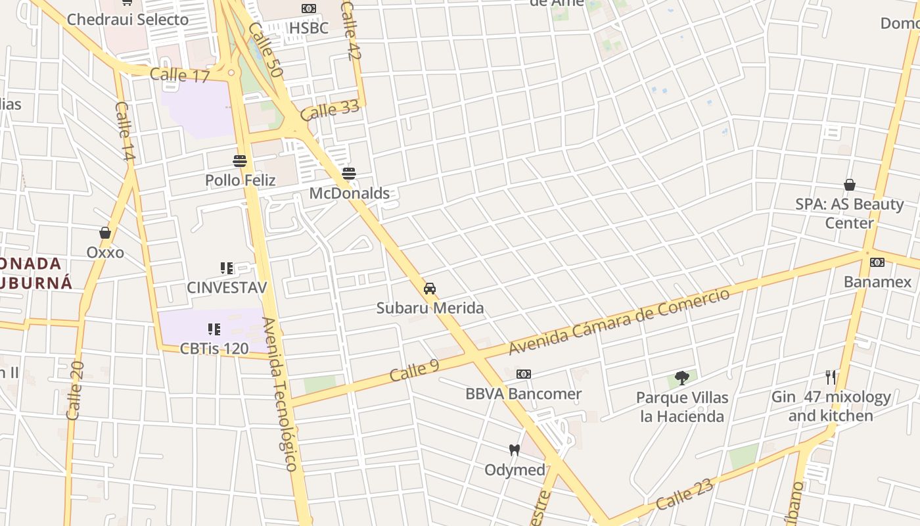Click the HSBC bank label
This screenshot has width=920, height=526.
coord(308,28)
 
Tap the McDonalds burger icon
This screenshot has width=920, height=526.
coord(349,174)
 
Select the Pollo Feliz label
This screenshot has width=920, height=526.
coord(240,180)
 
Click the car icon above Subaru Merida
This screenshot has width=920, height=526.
coord(430,289)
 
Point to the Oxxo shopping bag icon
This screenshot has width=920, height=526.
coord(105,233)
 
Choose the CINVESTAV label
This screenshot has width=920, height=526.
coord(227,287)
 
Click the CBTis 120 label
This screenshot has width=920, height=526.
coord(214,348)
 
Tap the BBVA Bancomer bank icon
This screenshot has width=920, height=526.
coord(523,374)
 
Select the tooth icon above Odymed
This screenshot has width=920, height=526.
coord(515,450)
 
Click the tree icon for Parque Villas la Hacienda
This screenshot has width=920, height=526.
coord(682,378)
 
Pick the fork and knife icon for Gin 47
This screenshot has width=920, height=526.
coord(831,377)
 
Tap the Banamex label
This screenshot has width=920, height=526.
coord(878,282)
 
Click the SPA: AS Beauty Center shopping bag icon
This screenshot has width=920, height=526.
coord(850,185)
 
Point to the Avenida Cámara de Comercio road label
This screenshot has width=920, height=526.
coord(619,322)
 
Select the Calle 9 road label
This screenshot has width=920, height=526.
coord(414,370)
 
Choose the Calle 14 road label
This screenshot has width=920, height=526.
coord(125,132)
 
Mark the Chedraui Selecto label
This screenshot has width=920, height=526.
coord(127,19)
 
